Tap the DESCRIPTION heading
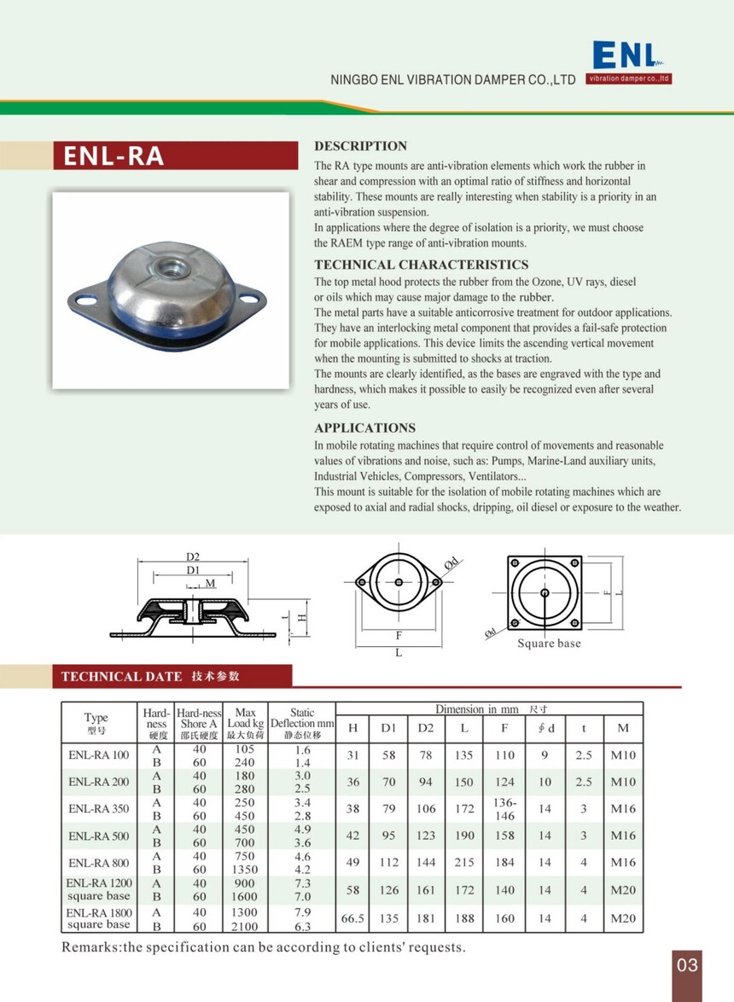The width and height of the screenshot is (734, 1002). click(x=360, y=146)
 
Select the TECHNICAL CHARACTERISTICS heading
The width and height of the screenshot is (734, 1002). click(x=421, y=265)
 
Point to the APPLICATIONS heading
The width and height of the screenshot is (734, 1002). click(x=364, y=428)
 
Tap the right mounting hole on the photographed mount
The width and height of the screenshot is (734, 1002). click(x=250, y=299)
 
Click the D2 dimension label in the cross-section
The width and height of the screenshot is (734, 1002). click(x=193, y=556)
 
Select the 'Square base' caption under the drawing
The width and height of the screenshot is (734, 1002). click(x=549, y=644)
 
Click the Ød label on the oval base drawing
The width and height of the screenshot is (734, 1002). click(x=451, y=562)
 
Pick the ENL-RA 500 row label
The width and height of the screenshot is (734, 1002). click(x=99, y=836)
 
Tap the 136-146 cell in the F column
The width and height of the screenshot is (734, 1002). click(x=504, y=809)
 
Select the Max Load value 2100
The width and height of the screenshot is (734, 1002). click(x=245, y=926)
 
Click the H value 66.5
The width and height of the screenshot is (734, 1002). click(x=352, y=919)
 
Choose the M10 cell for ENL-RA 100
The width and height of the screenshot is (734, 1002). click(x=623, y=755)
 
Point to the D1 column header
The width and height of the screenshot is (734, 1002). click(x=388, y=728)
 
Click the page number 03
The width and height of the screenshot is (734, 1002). click(x=687, y=965)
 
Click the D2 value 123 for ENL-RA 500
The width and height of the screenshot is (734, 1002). click(x=426, y=836)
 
